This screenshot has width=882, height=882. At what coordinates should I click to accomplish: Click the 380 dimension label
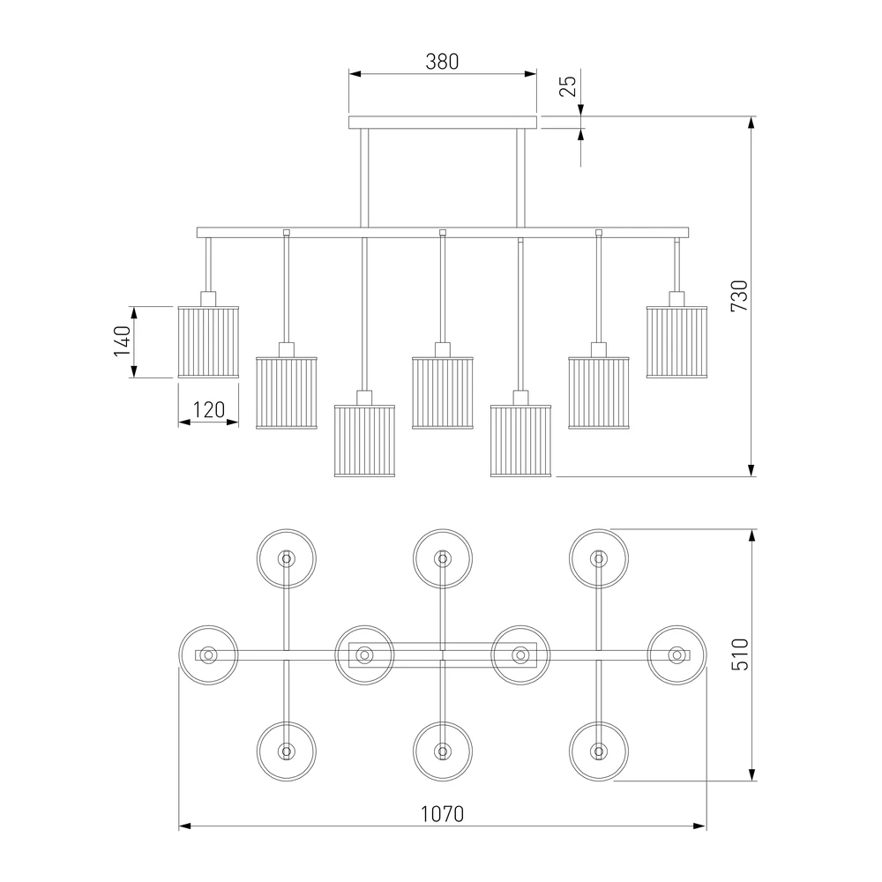click(442, 61)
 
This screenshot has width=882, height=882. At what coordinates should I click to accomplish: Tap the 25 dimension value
click(569, 86)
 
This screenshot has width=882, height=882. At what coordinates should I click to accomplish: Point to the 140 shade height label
click(122, 341)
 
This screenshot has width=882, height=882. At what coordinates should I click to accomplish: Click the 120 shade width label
click(208, 409)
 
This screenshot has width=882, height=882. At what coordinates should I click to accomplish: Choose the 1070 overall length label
click(442, 813)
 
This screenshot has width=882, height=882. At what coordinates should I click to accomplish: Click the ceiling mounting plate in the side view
click(442, 123)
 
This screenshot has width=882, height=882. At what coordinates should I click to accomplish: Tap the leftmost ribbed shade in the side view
click(208, 341)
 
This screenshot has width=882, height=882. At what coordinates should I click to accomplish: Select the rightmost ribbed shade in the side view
click(676, 341)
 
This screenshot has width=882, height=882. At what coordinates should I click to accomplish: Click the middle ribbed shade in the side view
click(443, 392)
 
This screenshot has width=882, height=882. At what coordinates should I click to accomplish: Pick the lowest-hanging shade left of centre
click(364, 441)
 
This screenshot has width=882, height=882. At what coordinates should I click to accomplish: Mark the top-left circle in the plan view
click(286, 558)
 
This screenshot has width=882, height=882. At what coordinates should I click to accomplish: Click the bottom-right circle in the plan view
click(599, 751)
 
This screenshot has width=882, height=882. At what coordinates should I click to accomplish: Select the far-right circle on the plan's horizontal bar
click(677, 654)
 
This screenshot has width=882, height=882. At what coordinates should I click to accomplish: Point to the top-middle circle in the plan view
click(443, 558)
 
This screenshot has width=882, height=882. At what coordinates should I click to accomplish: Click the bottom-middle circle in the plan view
click(443, 751)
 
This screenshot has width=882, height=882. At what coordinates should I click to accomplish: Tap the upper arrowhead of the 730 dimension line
click(751, 123)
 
